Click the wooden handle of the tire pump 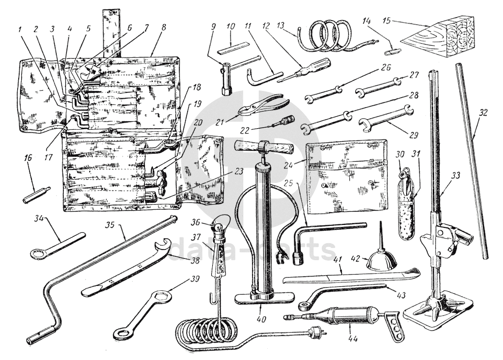(x=262, y=146)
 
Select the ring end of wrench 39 (x=120, y=333)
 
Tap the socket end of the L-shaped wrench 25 (x=298, y=258)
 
